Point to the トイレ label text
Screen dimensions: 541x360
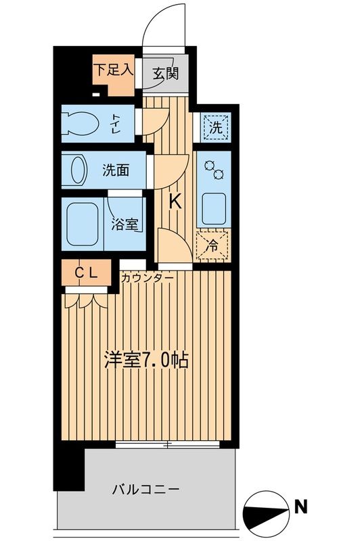[116, 124]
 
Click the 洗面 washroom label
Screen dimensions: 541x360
[116, 169]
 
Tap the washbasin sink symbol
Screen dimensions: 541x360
[76, 169]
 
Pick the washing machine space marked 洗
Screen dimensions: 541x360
[215, 126]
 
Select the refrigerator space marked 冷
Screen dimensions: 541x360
[214, 245]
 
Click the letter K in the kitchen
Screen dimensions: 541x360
[175, 202]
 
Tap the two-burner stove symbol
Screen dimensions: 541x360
[214, 170]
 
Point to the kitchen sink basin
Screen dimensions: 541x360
[214, 208]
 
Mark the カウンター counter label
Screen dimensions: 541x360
[147, 277]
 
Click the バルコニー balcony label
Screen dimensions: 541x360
[145, 488]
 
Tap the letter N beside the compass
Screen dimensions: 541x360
[300, 507]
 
